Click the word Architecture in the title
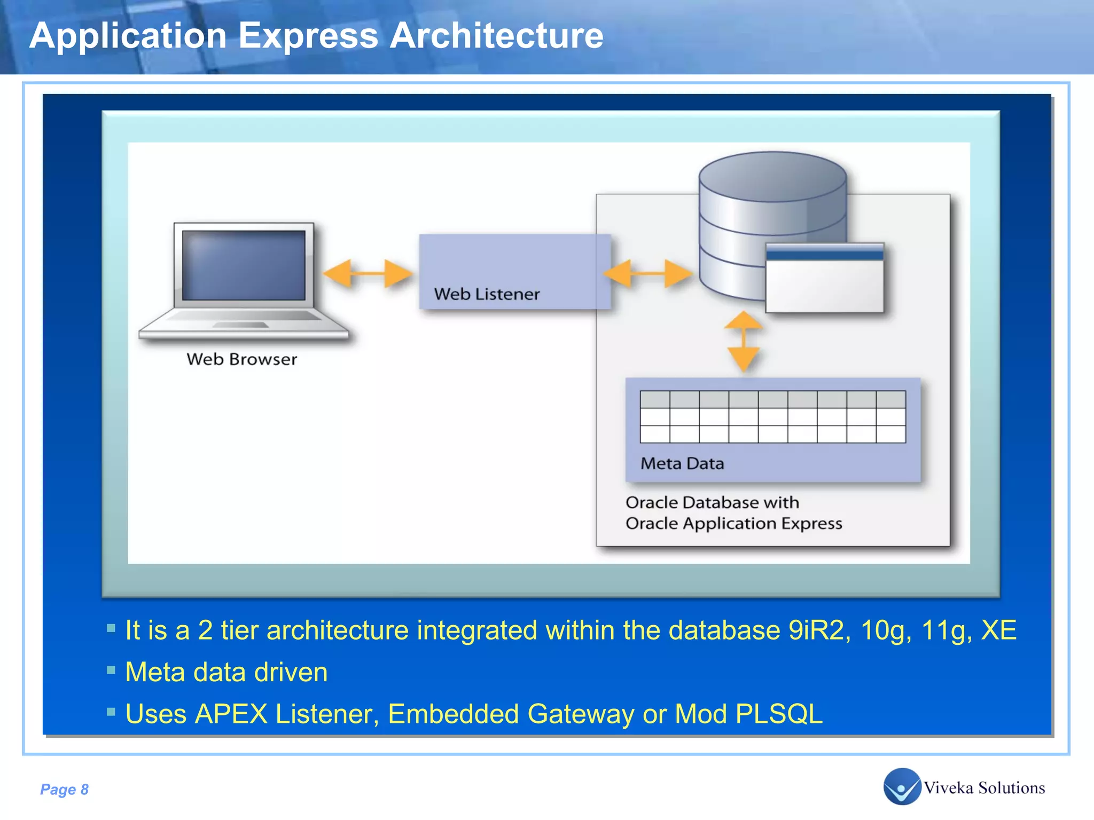click(496, 36)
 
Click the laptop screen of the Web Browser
click(244, 265)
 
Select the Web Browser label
click(241, 359)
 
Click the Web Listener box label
click(487, 294)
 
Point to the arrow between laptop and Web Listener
click(368, 274)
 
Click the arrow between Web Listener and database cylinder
click(647, 274)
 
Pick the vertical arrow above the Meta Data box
click(743, 342)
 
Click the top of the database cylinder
click(772, 176)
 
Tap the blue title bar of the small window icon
click(824, 253)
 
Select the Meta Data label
click(682, 463)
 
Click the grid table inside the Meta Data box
click(772, 417)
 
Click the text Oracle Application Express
click(733, 523)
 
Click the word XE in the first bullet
click(998, 630)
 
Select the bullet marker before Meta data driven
click(111, 670)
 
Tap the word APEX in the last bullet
click(231, 714)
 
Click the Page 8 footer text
click(64, 789)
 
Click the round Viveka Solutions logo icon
click(902, 786)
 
